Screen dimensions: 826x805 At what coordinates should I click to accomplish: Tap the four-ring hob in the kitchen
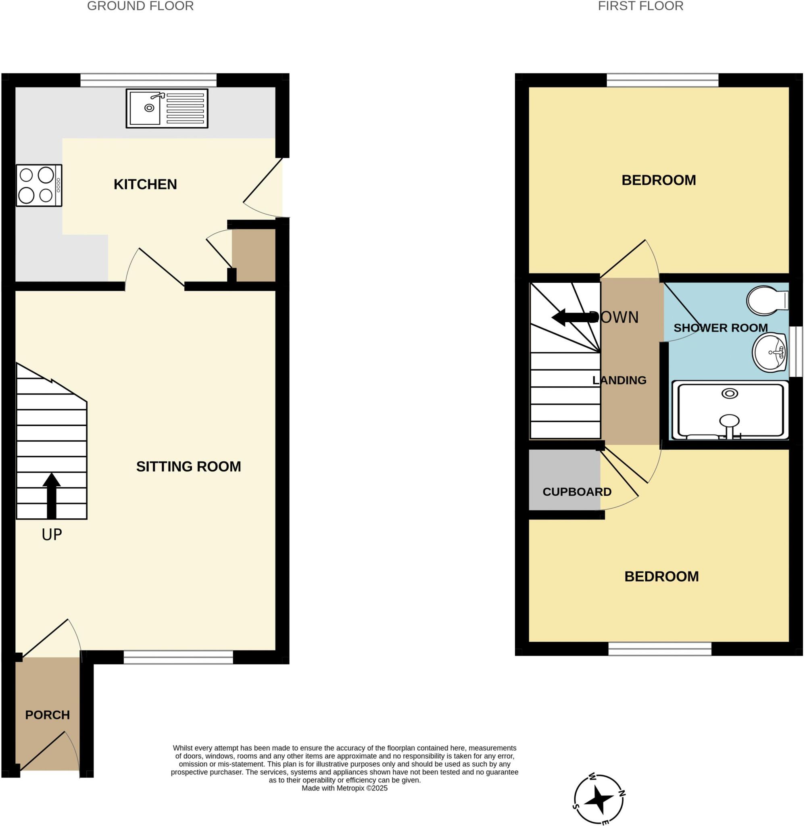coord(39,186)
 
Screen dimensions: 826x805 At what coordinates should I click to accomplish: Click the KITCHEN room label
coord(145,184)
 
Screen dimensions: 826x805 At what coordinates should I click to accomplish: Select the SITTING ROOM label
coord(189,467)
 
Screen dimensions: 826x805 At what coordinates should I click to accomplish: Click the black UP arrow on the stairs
coord(52,495)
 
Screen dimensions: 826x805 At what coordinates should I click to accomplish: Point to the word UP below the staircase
coord(52,535)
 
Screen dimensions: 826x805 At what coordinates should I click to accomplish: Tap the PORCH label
coord(47,715)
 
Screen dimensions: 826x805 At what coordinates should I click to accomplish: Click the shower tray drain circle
coord(729,394)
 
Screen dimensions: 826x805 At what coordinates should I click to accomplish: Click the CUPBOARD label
coord(577,492)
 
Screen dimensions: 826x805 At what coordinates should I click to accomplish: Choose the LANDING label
coord(619,380)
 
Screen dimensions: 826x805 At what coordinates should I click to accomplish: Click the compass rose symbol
coord(599,799)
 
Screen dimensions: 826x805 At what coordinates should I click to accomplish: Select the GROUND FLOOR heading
coord(140,6)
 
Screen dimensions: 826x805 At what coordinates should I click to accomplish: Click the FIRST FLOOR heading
coord(640,6)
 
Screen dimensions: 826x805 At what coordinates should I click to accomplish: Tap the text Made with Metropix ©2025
coord(344,788)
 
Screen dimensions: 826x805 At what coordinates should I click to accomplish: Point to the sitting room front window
coord(178,657)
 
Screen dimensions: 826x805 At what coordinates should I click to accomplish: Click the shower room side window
coord(797,351)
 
